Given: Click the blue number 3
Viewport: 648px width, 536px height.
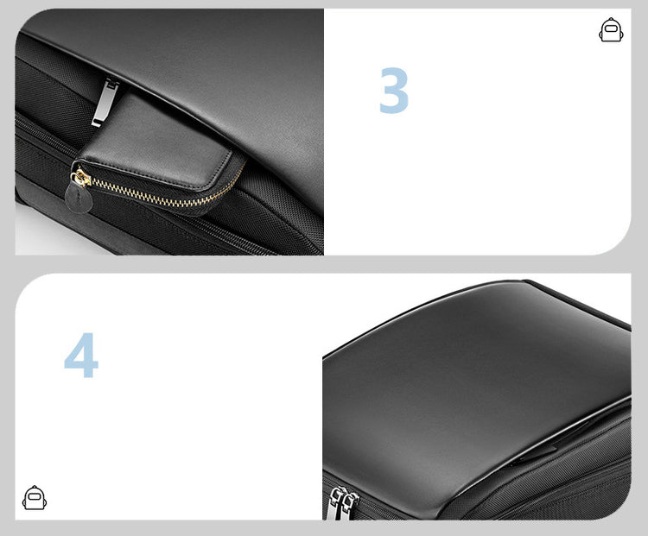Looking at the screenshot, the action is pos(394,91).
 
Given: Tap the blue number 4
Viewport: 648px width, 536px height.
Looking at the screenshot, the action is pos(81,355).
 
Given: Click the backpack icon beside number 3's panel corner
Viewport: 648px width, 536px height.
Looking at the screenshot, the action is pos(611,29).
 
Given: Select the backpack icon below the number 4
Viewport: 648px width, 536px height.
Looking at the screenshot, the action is pos(35,498).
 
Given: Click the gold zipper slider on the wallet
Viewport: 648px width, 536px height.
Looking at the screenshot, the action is pos(81,178).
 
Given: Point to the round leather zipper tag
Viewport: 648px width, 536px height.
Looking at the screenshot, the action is pos(78,199).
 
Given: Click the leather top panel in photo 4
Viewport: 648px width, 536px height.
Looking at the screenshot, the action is pos(475,393).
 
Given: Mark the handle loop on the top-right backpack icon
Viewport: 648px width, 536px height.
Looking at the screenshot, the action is pos(611,20).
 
